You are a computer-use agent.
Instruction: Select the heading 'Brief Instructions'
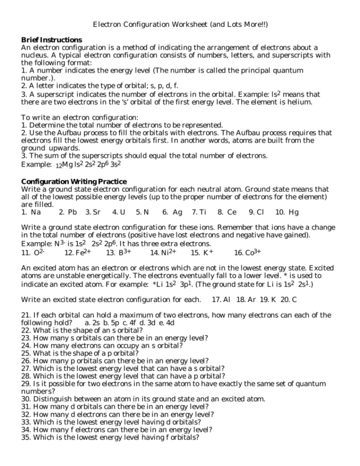(51, 39)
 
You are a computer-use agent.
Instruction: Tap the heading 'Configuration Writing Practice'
(74, 181)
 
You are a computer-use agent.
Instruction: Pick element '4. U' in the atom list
(119, 212)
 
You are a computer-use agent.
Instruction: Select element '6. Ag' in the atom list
(172, 212)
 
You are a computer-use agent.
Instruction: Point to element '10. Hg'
(287, 212)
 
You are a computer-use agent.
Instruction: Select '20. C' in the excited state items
(288, 300)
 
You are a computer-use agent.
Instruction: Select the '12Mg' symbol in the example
(63, 164)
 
